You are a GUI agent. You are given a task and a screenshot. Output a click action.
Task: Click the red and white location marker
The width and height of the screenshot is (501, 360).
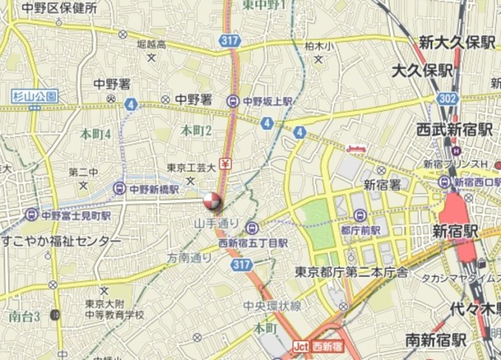click(212, 202)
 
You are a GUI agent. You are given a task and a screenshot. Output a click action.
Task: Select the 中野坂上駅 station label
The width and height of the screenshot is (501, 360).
click(266, 101)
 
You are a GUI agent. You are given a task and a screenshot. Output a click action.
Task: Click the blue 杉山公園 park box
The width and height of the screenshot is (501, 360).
click(35, 96)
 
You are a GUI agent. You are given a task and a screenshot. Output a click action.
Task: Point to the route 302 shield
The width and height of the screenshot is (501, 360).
click(447, 99)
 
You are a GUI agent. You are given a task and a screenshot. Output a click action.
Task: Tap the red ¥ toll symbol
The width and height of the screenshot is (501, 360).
click(225, 164)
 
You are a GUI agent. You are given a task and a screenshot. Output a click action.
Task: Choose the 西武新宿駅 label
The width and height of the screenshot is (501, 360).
click(455, 128)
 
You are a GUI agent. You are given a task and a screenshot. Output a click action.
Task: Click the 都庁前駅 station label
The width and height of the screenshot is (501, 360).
click(360, 230)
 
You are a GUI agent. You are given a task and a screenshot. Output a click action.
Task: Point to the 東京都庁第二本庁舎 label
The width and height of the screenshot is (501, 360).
click(352, 272)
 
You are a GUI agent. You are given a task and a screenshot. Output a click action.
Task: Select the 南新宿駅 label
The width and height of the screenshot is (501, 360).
click(435, 340)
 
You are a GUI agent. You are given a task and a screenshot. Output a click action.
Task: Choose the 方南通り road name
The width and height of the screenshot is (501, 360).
click(189, 257)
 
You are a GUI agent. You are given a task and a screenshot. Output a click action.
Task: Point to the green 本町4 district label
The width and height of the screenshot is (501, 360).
click(96, 133)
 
